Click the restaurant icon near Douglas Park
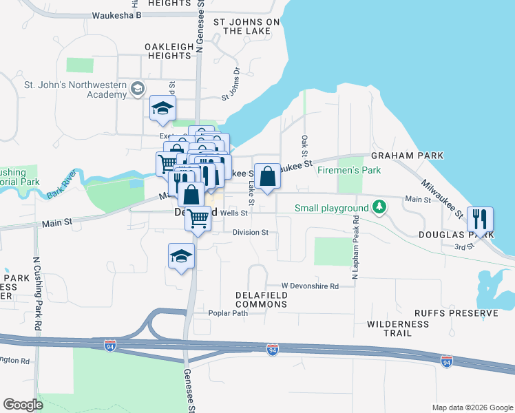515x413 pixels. (x=481, y=219)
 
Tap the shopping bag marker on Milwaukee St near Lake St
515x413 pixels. (x=267, y=176)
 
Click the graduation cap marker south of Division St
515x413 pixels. (x=182, y=256)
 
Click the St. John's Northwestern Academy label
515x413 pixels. (x=76, y=90)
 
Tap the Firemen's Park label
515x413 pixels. (x=349, y=170)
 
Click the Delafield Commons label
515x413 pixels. (x=261, y=300)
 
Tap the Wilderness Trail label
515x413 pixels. (x=398, y=328)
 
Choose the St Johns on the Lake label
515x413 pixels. (x=246, y=27)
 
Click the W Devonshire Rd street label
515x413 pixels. (x=310, y=286)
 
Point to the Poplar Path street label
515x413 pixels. (x=228, y=313)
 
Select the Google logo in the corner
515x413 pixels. (x=23, y=405)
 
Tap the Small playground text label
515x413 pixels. (x=332, y=208)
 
